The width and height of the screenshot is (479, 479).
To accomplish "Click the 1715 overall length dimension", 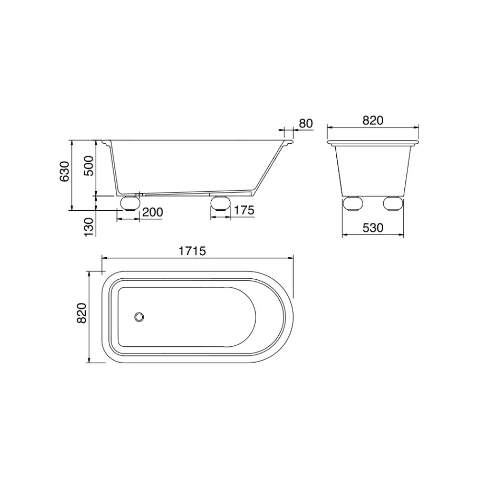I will [x=193, y=251].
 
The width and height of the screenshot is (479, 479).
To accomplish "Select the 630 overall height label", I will [x=65, y=172].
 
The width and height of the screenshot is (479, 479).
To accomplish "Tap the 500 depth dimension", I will [x=89, y=166].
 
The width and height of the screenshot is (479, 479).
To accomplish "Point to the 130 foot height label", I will [x=89, y=225].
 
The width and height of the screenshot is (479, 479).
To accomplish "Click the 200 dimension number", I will [x=153, y=212].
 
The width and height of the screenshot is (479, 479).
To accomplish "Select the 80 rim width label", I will [x=306, y=123].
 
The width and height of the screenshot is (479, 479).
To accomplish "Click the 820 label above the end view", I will [x=373, y=121].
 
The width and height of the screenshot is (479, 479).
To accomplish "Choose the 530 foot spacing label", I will [x=373, y=228].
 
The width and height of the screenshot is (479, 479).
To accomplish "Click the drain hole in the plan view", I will [x=139, y=317].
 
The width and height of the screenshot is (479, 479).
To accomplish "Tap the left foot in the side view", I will [x=129, y=203].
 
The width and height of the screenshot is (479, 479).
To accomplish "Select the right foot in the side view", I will [x=220, y=203].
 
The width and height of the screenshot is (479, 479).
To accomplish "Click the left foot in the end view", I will [x=353, y=205].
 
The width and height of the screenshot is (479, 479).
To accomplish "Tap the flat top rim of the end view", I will [x=373, y=142].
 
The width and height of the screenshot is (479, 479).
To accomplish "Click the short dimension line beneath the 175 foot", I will [x=220, y=218].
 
